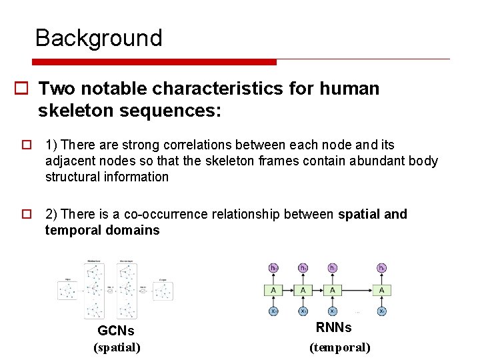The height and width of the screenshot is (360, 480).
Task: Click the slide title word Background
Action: [x=99, y=38]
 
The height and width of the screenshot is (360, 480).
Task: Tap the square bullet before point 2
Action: [x=27, y=215]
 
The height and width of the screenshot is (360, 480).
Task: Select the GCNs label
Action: [x=116, y=331]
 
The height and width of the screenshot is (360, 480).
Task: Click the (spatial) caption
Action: [x=117, y=347]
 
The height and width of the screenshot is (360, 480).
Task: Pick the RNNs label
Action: [x=333, y=327]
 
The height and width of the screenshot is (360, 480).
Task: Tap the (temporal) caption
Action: [x=339, y=347]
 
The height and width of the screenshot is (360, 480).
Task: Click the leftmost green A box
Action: [x=273, y=290]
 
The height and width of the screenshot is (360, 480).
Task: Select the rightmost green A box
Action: [x=382, y=290]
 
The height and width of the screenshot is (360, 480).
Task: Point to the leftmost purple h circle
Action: [x=273, y=268]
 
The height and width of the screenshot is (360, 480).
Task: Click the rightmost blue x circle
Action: [x=382, y=311]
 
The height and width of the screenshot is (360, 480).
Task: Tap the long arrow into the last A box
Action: [x=357, y=290]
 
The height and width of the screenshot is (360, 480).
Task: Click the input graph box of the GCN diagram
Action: [x=68, y=291]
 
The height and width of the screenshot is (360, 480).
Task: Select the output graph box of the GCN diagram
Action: [x=164, y=291]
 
